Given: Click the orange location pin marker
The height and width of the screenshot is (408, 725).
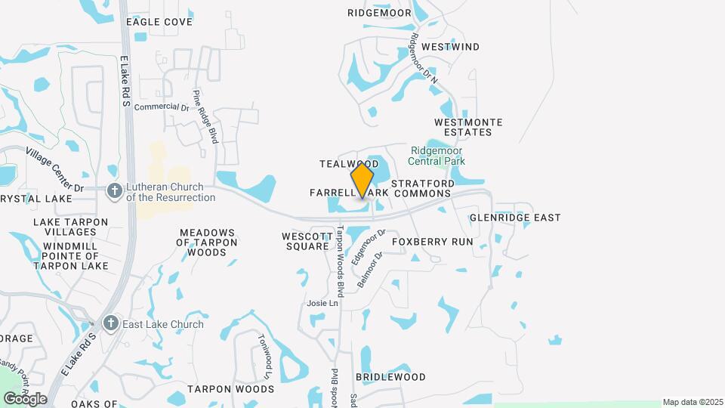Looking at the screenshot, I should coord(362,180).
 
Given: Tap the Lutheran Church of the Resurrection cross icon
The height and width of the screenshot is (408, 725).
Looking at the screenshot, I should coord(114,190).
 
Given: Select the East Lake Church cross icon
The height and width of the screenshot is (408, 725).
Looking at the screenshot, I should coord(111,324).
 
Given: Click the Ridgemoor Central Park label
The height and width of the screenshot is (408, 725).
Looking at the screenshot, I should coord(437,155).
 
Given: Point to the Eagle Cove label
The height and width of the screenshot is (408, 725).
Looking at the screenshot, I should coord(159,22).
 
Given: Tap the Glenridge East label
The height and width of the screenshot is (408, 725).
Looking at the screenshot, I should coord(515,218).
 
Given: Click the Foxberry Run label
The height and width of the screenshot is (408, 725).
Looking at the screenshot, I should coord(433,242).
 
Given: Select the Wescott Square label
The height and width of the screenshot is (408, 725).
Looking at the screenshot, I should coord(307,241).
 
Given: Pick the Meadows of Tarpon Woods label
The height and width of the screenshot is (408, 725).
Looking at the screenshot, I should coord(207,243).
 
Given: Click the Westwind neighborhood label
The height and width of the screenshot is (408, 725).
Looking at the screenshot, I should coord(450,47).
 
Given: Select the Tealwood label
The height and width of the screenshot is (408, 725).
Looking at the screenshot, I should coord(348,164).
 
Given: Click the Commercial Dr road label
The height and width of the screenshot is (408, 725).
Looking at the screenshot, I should coord(161,107).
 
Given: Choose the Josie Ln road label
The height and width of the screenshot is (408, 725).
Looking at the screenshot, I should coord(322,303).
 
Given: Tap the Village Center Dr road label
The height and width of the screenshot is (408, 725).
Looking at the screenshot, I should coord(54,168).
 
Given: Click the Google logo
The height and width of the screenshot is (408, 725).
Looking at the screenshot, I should coord(25,398).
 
